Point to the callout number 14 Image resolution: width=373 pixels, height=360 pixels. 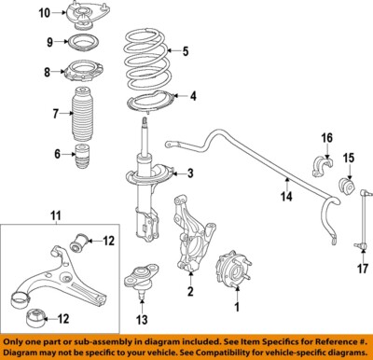tap(287, 196)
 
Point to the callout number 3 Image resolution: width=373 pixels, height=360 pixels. tap(190, 173)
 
